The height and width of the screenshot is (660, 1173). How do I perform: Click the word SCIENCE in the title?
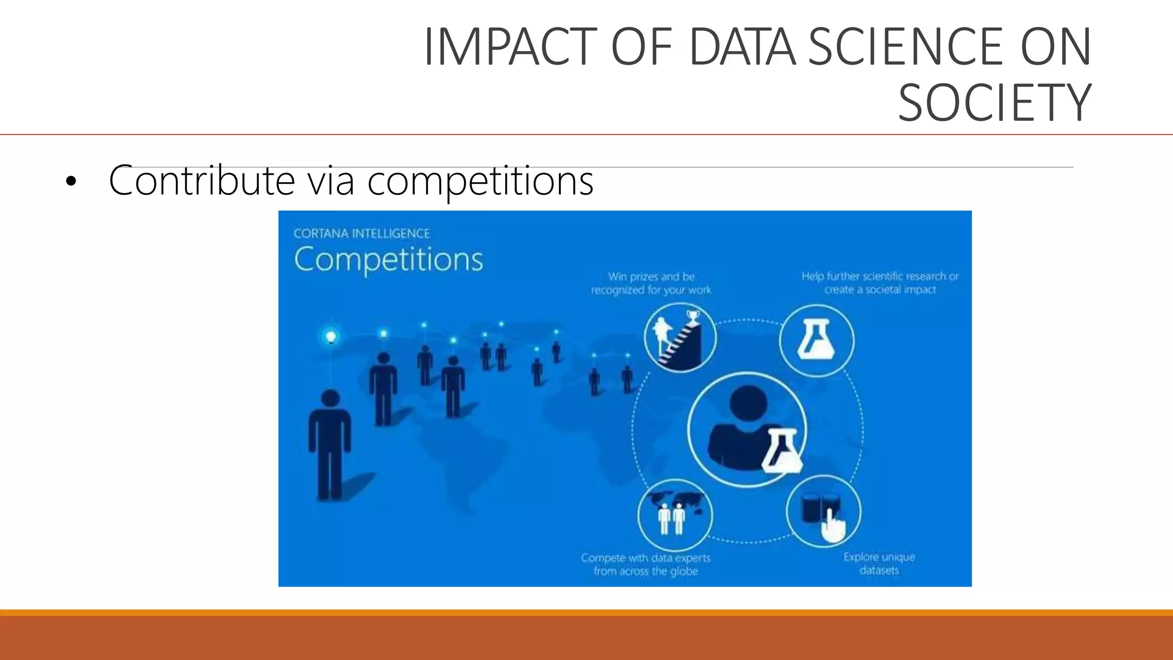[x=906, y=48]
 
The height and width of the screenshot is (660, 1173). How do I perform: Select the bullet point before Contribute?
[x=70, y=182]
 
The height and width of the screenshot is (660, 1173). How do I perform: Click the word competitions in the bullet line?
[x=480, y=181]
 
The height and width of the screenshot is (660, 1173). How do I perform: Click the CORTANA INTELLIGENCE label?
[x=361, y=234]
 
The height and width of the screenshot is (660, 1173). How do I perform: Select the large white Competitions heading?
[x=388, y=259]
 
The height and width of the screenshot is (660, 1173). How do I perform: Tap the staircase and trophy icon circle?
[x=680, y=339]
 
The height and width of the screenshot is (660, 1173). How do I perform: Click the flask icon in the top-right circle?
[x=816, y=340]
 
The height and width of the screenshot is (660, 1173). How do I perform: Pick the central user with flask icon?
[x=747, y=430]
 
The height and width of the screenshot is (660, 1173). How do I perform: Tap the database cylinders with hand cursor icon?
[x=823, y=512]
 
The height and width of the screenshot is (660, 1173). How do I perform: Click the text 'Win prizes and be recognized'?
[x=651, y=283]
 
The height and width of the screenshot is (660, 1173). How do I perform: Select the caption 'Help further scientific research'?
[x=880, y=282]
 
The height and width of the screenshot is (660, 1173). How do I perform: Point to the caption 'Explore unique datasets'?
[x=879, y=563]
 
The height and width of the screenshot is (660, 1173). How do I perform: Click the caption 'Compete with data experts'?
[x=645, y=564]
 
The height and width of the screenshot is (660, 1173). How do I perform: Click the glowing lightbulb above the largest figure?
[x=330, y=336]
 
